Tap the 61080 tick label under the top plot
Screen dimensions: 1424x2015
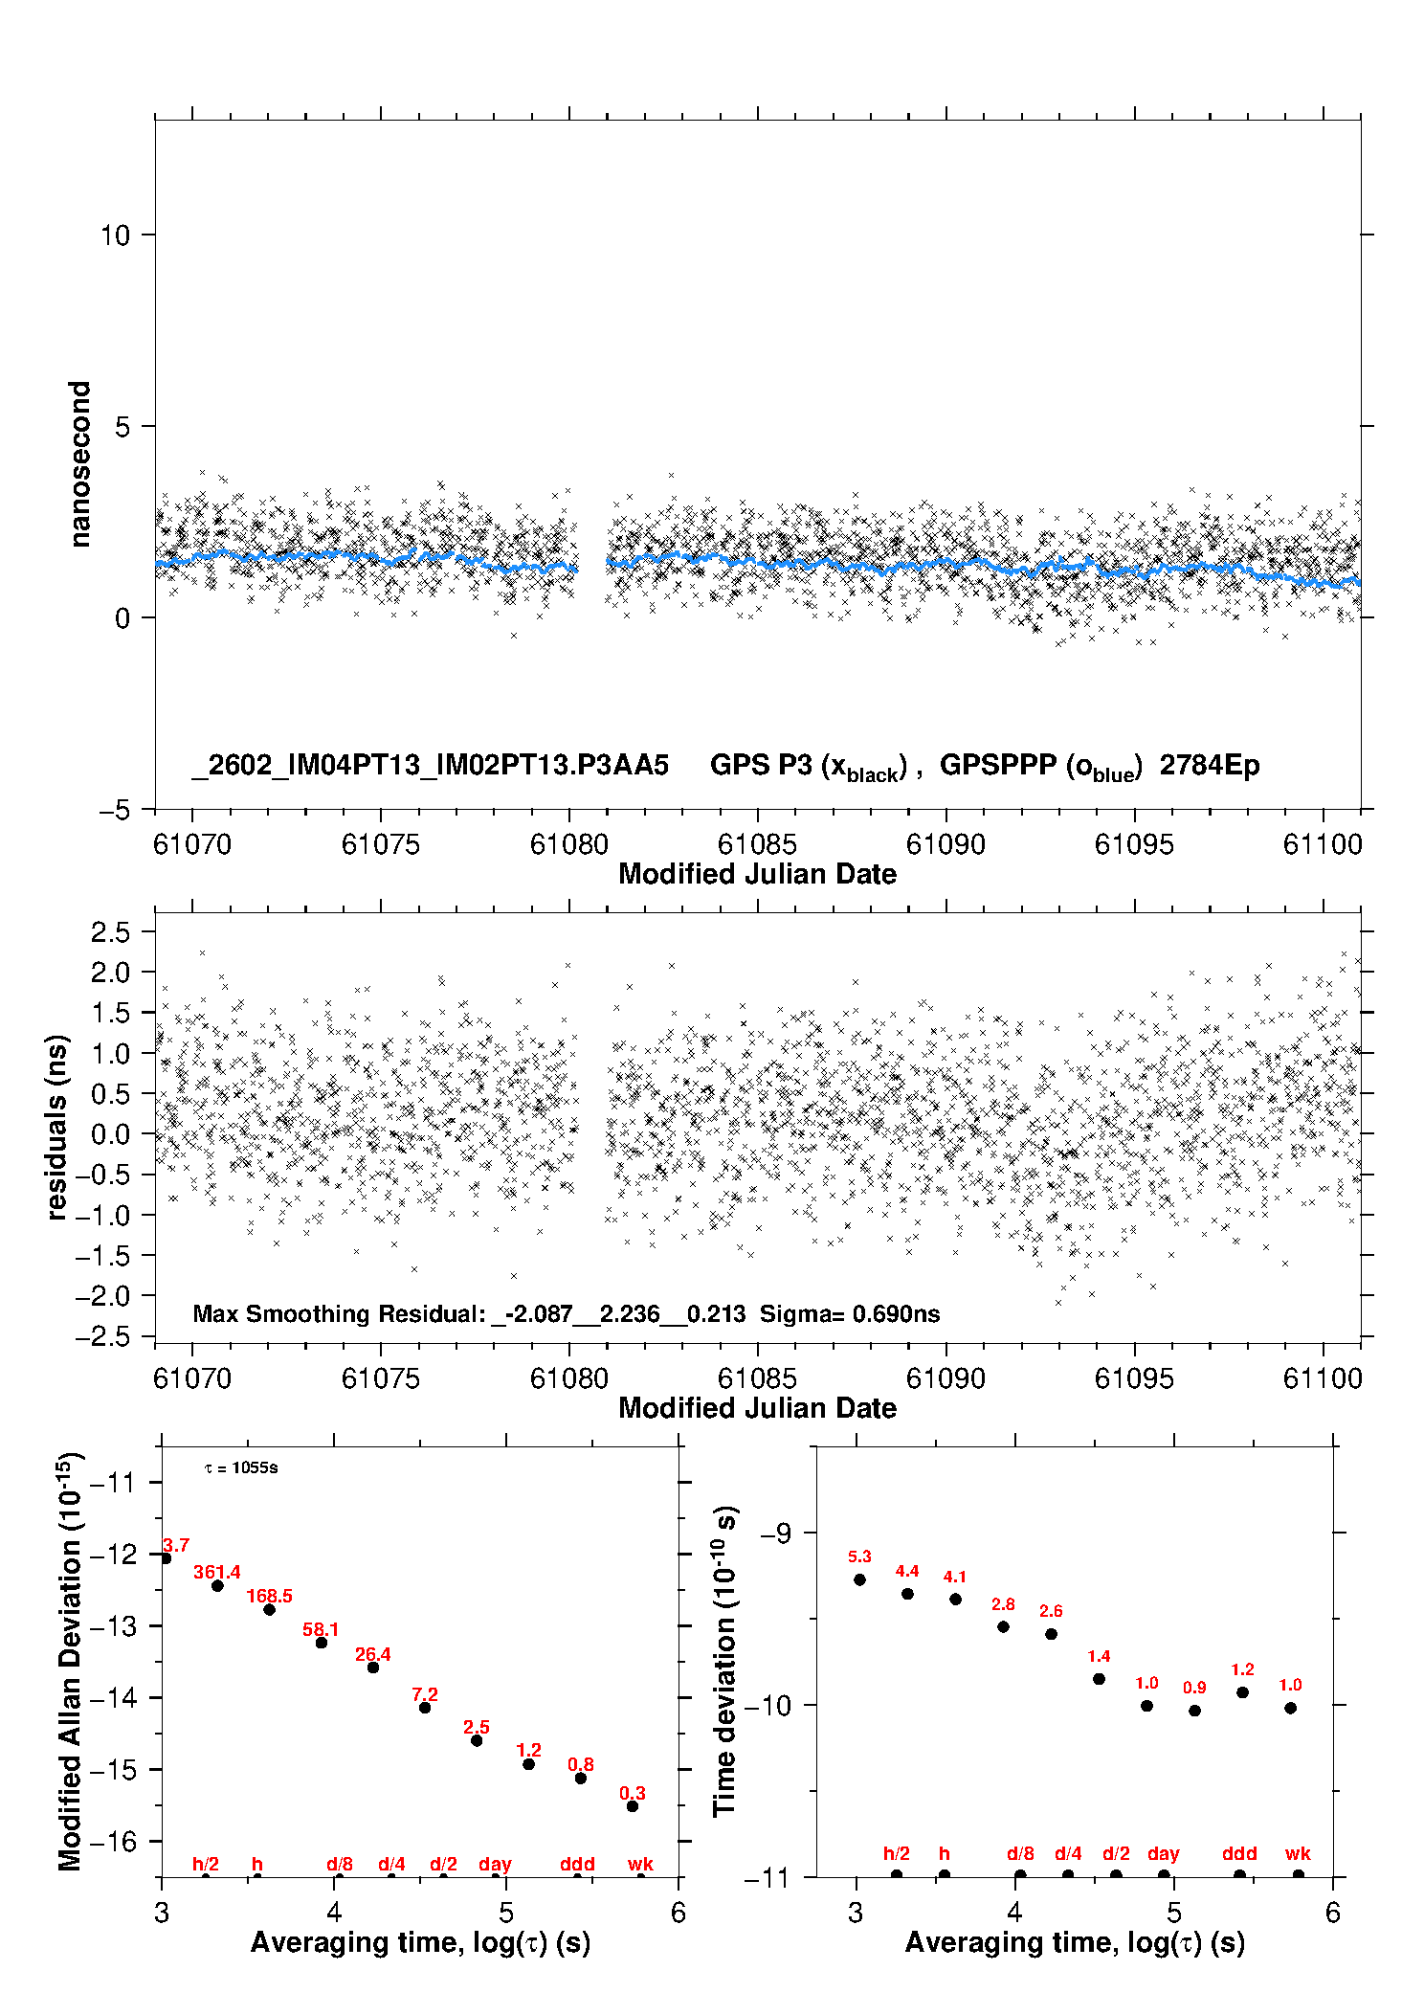tap(569, 844)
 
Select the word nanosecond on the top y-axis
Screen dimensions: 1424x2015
tap(79, 464)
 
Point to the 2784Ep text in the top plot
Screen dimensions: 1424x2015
tap(1210, 766)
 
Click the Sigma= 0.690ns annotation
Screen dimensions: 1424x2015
tap(850, 1314)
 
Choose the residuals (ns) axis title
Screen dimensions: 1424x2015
tap(57, 1127)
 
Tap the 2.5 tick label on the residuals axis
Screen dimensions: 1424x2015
tap(110, 932)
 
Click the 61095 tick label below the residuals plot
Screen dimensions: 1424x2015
tap(1134, 1378)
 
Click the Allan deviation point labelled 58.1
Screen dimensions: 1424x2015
tap(322, 1643)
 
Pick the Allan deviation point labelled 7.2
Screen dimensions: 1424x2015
tap(425, 1708)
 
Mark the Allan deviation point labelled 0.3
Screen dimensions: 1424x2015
tap(633, 1806)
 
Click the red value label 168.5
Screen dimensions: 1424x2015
tap(270, 1596)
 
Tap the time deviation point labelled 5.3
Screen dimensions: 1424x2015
tap(859, 1579)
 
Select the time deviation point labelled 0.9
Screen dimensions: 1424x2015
tap(1194, 1711)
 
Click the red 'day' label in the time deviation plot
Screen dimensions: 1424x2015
tap(1164, 1855)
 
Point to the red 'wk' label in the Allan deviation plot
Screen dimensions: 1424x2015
tap(640, 1864)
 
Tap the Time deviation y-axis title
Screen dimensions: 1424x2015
tap(725, 1660)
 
